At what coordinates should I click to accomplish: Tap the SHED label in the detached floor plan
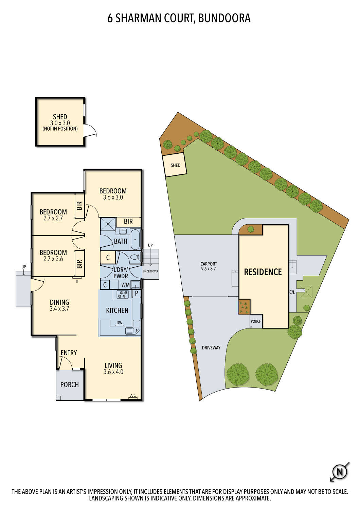[x=60, y=117]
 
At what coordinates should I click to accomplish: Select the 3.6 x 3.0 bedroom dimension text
[x=113, y=197]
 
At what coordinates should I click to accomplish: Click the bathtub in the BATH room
[x=135, y=240]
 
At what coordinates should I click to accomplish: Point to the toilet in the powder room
[x=135, y=257]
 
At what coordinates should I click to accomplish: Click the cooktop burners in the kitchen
[x=123, y=294]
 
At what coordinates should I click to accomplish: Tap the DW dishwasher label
[x=119, y=323]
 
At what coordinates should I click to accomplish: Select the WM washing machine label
[x=125, y=285]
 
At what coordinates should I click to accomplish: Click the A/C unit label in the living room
[x=133, y=395]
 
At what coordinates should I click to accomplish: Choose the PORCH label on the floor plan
[x=69, y=384]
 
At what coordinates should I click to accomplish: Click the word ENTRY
[x=69, y=353]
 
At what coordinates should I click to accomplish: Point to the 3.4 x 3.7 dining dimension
[x=59, y=309]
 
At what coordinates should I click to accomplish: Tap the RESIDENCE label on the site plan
[x=263, y=272]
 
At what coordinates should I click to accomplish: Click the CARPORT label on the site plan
[x=209, y=264]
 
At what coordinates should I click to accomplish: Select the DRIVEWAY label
[x=211, y=347]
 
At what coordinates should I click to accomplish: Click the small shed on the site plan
[x=175, y=165]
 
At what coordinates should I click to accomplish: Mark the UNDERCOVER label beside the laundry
[x=150, y=271]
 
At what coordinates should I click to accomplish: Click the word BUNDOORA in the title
[x=224, y=18]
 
